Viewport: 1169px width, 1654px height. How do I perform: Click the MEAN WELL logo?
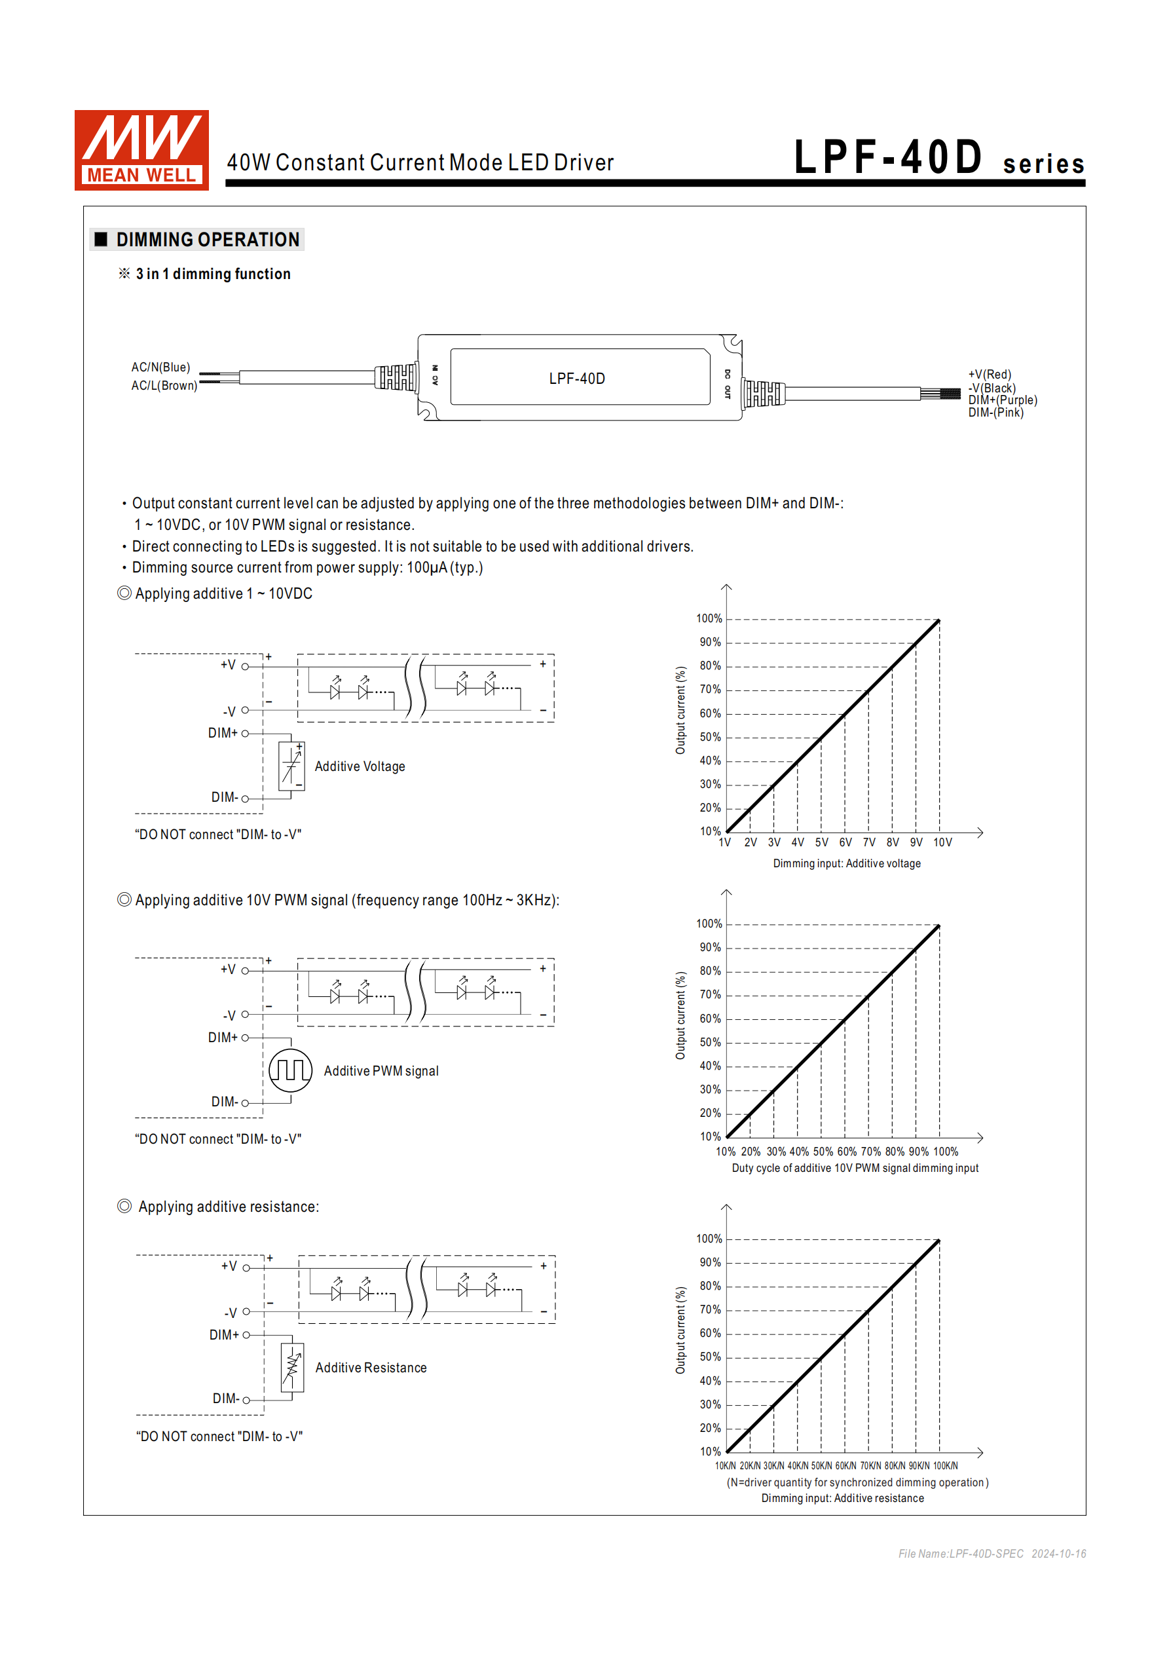(141, 150)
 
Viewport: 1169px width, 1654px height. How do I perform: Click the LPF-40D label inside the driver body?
(576, 378)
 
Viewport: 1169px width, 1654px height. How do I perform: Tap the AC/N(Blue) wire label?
(160, 367)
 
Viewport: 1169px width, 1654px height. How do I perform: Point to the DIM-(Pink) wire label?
(995, 413)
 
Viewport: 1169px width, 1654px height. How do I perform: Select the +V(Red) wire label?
(989, 375)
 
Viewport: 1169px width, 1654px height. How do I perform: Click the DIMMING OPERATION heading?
(208, 239)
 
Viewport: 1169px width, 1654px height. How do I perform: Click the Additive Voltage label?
(360, 766)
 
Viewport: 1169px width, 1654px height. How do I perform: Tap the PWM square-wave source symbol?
(290, 1070)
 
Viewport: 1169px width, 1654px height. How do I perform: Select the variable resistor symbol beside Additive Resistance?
(291, 1367)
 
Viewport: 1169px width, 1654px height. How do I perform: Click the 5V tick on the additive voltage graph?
(821, 842)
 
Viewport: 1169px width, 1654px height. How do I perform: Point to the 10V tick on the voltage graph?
(942, 842)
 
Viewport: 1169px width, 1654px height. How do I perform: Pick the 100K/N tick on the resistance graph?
(945, 1465)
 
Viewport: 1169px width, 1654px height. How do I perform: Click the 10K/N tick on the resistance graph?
(726, 1465)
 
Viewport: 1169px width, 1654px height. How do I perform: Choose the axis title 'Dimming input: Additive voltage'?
(846, 863)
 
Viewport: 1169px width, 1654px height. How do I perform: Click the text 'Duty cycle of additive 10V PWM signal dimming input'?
(855, 1168)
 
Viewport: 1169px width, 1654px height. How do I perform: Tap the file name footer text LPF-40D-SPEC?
(961, 1554)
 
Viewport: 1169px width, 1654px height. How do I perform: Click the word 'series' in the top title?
(1043, 164)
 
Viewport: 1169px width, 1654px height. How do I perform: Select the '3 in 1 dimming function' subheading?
(213, 274)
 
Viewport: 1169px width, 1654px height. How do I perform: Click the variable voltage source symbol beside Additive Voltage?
(291, 766)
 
